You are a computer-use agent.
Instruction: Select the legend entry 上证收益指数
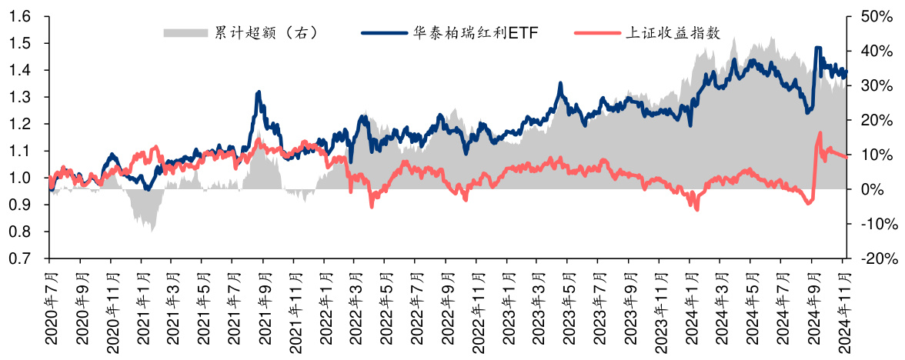click(673, 33)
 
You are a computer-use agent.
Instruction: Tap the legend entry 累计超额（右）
click(266, 33)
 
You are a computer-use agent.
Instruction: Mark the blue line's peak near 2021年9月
click(258, 92)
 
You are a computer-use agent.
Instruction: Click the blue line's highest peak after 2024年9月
click(817, 48)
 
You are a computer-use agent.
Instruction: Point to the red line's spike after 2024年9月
click(819, 133)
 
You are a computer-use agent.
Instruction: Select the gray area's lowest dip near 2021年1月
click(152, 231)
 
